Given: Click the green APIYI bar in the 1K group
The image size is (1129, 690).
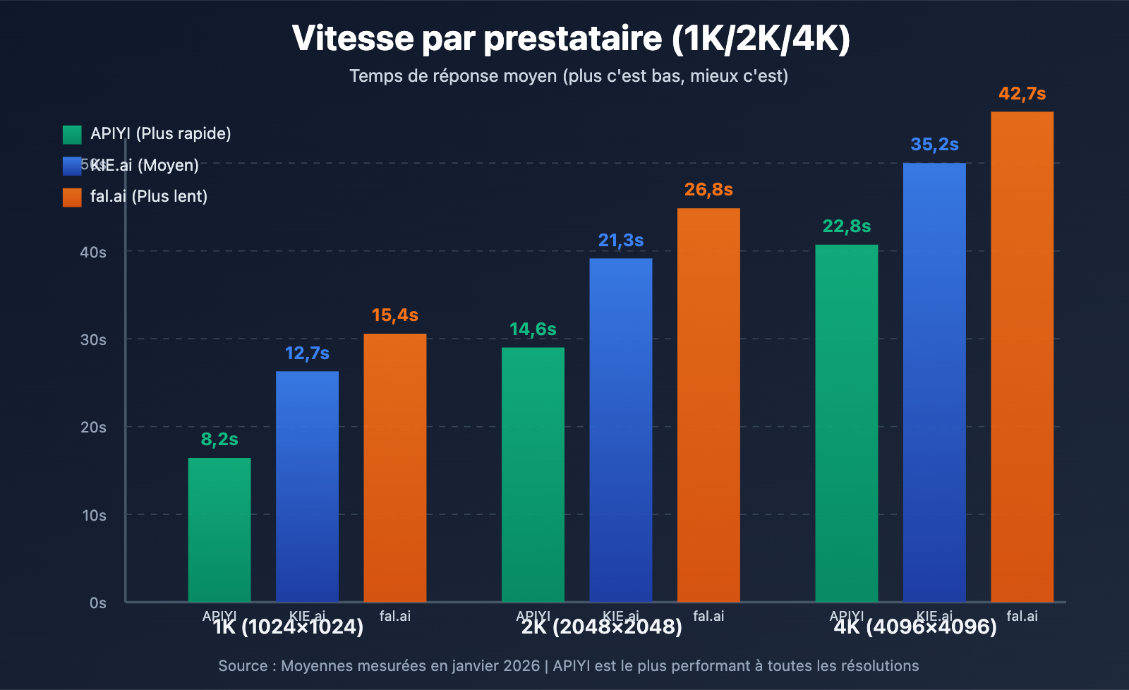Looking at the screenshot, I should (219, 529).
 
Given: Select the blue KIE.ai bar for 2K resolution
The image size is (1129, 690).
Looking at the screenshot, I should (621, 430).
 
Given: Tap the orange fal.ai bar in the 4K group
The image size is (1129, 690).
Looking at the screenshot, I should (1022, 356).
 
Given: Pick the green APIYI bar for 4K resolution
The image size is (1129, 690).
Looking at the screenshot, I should (846, 423).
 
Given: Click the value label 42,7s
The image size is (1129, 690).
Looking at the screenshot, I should (1022, 94).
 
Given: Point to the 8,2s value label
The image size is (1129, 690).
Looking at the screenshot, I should (219, 440).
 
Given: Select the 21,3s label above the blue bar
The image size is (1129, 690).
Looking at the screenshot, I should (621, 241).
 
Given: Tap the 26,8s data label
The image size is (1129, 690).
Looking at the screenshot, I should (708, 190).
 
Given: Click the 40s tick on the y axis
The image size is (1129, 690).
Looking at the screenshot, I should (93, 252).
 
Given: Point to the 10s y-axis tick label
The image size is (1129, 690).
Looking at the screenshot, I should (94, 516).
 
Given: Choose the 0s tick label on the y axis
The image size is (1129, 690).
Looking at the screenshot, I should (97, 603).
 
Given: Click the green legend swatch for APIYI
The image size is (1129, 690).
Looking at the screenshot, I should (72, 134).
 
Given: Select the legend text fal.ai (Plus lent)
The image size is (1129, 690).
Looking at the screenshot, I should (149, 196).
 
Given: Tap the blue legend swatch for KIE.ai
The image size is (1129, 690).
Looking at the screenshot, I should (72, 166).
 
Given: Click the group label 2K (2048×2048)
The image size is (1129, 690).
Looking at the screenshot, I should (601, 627).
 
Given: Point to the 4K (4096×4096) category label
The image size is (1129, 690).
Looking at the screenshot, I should (915, 627).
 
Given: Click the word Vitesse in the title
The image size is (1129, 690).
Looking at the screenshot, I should (353, 38).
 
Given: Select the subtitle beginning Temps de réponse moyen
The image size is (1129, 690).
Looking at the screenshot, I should (568, 76).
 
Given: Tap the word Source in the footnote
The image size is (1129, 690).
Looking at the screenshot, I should (243, 666).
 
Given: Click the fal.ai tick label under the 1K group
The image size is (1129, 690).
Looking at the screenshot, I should (395, 616).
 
